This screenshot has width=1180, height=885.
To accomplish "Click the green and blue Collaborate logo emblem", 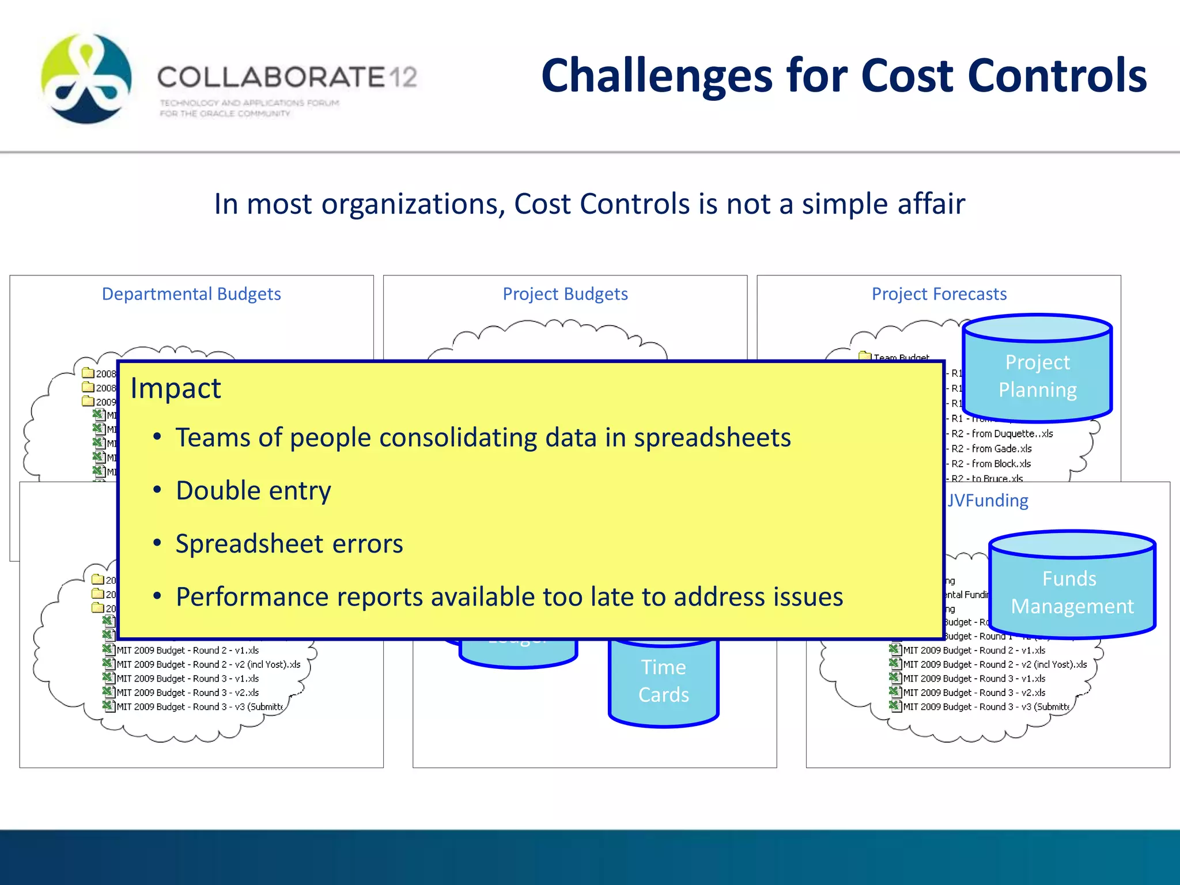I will coord(86,78).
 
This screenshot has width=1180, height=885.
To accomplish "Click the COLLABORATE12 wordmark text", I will coord(287,77).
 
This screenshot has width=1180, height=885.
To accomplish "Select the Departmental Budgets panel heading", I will coord(191,294).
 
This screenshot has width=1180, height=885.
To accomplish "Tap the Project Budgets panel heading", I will coord(565,294).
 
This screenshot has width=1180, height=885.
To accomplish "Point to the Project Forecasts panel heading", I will coord(939,294).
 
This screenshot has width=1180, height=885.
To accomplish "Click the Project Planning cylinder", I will coord(1037,376).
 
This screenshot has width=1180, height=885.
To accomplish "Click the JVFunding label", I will coord(988,500).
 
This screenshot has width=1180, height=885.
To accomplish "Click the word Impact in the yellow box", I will coord(175,388).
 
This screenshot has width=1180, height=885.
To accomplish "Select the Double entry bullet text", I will coord(254,490).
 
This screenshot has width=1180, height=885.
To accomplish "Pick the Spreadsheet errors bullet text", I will coord(289,543).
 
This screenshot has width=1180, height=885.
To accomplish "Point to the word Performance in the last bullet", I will coord(252,597).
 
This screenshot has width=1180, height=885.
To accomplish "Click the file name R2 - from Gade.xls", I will coord(991,448).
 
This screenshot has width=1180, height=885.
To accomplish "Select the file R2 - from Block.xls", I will coord(991,463).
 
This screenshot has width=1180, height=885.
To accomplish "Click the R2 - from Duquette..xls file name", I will coord(1001,433).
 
